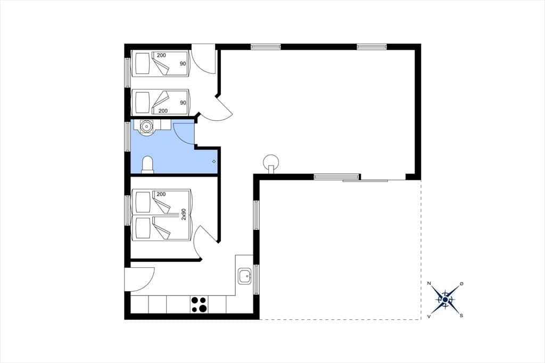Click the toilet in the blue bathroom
[148, 165]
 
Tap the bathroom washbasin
[146, 126]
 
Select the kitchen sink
[245, 276]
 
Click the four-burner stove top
[199, 304]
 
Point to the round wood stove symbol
[271, 162]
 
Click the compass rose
[445, 300]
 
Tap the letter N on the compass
[430, 283]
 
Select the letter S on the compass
[461, 316]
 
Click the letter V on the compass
[429, 316]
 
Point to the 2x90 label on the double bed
[184, 214]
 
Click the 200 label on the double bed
[161, 194]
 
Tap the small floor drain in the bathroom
[214, 161]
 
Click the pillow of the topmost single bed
[142, 63]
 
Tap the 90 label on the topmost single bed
[183, 64]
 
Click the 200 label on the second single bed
[163, 111]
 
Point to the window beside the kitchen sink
[256, 279]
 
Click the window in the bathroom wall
[128, 137]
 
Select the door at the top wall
[204, 59]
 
